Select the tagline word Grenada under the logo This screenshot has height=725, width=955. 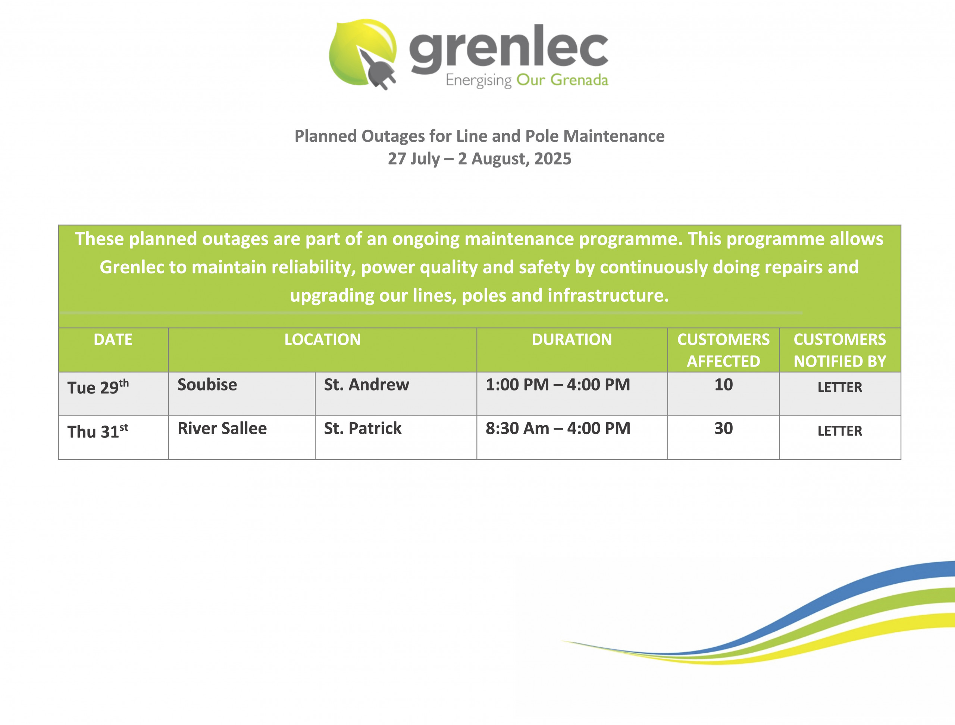(x=579, y=80)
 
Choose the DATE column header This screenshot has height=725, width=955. (x=113, y=340)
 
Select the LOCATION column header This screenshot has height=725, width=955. (x=323, y=340)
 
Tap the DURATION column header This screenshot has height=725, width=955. (x=572, y=340)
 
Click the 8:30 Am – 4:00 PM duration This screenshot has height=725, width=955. (x=558, y=429)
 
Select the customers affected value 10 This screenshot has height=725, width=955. (x=724, y=385)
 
